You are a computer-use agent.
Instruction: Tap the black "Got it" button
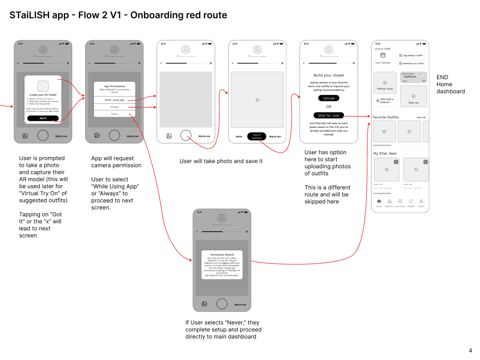[x=43, y=119]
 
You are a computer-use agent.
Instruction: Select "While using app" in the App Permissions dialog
[x=114, y=100]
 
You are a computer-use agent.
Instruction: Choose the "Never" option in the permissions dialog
[x=114, y=114]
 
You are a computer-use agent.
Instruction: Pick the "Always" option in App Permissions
[x=114, y=107]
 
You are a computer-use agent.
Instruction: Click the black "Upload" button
[x=329, y=98]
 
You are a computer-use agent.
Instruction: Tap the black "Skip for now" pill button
[x=329, y=115]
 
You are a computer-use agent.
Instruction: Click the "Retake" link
[x=239, y=136]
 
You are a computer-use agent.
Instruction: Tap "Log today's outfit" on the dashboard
[x=411, y=55]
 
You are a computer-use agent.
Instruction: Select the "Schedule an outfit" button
[x=411, y=63]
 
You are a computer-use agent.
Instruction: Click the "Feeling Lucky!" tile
[x=385, y=83]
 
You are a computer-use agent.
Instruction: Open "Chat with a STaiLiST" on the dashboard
[x=385, y=100]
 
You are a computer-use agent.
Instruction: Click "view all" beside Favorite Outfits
[x=421, y=117]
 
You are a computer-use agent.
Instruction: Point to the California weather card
[x=413, y=77]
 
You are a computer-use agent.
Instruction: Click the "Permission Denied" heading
[x=222, y=255]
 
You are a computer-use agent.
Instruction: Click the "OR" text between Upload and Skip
[x=329, y=107]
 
